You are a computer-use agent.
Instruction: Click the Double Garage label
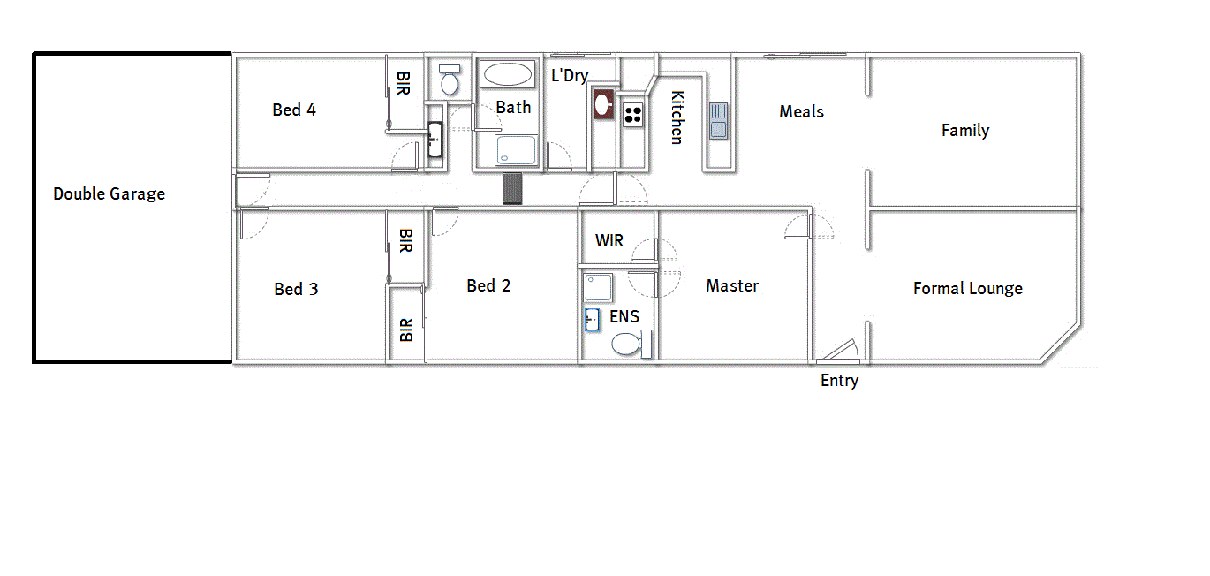(x=109, y=193)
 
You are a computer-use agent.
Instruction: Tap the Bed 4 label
(x=294, y=110)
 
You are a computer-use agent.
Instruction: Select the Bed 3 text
(x=296, y=289)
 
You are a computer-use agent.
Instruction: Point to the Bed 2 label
(x=488, y=285)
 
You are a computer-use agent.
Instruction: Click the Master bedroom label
(x=732, y=285)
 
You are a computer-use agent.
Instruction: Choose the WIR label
(x=609, y=240)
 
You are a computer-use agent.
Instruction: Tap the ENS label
(x=624, y=316)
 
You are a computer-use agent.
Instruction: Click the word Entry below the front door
(x=839, y=381)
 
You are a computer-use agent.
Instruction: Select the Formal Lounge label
(x=967, y=288)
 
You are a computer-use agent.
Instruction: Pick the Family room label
(x=964, y=130)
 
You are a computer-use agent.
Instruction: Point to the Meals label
(x=801, y=111)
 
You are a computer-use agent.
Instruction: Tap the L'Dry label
(x=570, y=75)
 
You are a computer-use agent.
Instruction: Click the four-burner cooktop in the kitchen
(x=633, y=114)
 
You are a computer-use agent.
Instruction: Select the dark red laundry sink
(x=603, y=104)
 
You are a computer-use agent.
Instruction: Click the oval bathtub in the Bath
(x=508, y=73)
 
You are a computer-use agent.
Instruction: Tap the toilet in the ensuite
(x=627, y=344)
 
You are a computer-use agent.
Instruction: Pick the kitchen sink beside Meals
(x=718, y=121)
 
